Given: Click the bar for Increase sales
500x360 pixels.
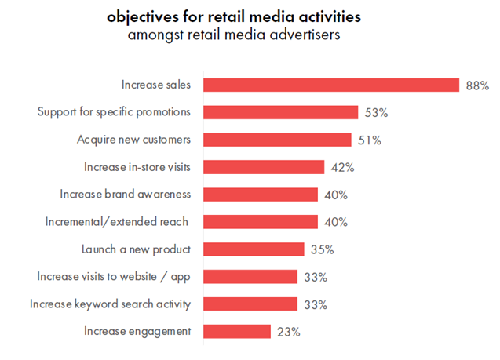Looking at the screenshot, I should tap(331, 85).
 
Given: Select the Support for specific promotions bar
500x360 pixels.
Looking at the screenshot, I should tap(281, 112).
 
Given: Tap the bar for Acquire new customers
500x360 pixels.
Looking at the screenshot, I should tap(277, 140).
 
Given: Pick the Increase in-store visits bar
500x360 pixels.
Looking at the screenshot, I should tap(264, 167).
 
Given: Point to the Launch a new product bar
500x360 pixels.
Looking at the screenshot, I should tap(254, 249).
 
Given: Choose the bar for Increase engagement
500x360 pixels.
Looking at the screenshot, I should tap(237, 332).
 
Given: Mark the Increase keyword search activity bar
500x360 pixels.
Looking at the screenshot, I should tap(250, 304).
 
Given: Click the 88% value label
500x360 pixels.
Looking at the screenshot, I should tap(476, 85).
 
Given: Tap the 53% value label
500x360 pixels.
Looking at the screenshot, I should tap(376, 112).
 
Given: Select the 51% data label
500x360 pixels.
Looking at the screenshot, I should tap(369, 140).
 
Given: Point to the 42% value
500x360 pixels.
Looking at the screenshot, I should tap(342, 167).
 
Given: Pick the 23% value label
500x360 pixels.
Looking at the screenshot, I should tap(289, 332).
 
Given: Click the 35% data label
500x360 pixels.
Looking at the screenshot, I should tap(322, 249).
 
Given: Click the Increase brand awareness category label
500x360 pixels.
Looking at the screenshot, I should tap(125, 194).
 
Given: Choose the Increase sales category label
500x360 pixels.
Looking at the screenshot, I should tap(156, 84).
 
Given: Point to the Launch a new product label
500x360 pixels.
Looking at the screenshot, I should tap(136, 249).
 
